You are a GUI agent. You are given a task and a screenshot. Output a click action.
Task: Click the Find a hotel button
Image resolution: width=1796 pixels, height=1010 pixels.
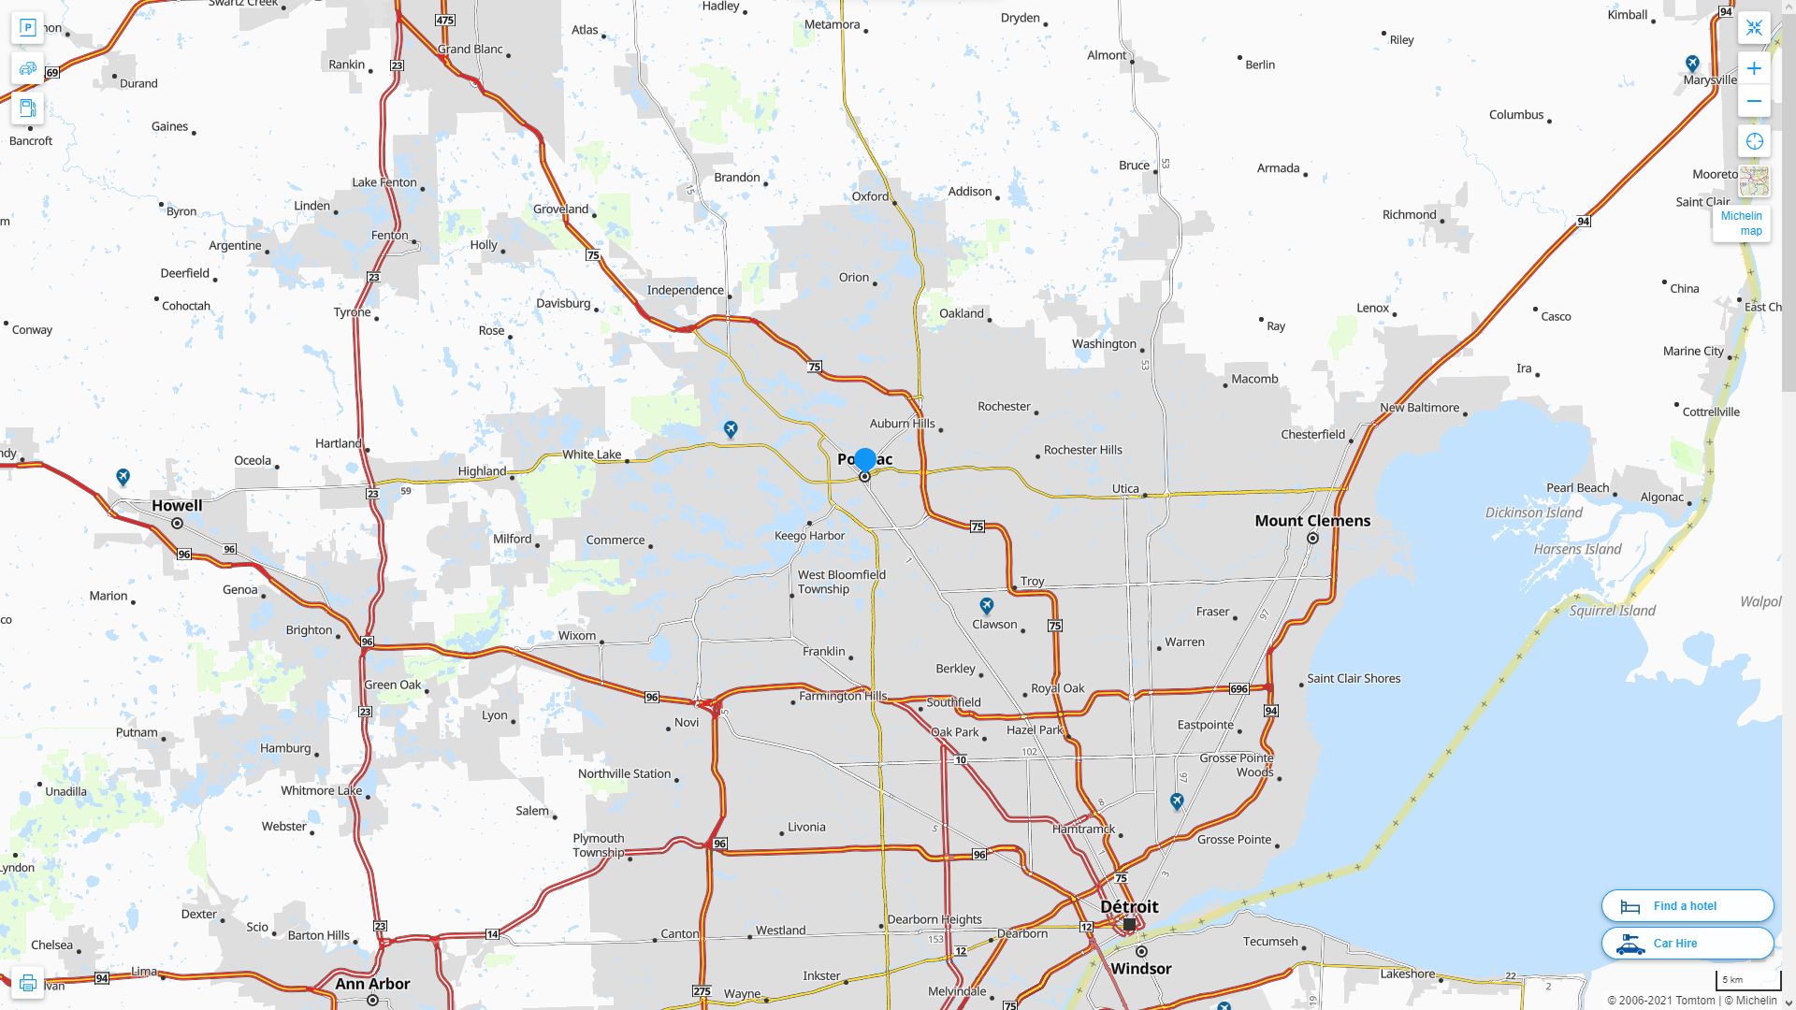1687,906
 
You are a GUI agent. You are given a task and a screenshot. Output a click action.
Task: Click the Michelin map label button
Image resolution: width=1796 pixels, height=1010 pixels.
1741,224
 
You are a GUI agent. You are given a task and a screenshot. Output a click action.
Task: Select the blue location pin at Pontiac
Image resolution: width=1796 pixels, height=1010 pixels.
865,459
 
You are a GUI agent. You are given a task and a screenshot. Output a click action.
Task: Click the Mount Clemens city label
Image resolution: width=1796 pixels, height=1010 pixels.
1312,521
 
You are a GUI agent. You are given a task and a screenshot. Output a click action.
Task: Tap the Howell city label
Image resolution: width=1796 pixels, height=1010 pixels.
177,506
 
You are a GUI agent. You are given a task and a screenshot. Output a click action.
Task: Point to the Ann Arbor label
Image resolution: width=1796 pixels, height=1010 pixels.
372,984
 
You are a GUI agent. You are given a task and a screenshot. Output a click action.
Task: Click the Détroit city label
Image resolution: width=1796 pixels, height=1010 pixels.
1129,907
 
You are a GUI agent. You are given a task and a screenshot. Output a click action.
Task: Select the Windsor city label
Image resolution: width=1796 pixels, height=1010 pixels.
1141,969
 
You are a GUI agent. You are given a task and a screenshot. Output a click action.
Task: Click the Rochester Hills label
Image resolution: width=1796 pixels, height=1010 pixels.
1082,450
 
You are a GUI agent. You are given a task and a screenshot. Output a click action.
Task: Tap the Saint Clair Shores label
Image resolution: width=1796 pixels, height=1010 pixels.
1354,679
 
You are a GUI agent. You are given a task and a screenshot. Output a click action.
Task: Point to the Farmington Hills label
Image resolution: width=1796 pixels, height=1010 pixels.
843,696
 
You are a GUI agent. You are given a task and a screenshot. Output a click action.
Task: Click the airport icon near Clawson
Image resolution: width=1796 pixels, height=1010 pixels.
986,606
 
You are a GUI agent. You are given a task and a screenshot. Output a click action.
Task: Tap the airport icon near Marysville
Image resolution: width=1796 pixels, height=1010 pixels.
1692,64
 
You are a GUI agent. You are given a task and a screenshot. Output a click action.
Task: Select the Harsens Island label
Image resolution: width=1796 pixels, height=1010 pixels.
1577,550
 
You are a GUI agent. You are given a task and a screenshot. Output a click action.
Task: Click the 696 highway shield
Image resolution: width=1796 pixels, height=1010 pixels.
1238,689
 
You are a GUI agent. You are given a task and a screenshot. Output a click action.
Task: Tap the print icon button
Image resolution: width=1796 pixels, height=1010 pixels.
27,983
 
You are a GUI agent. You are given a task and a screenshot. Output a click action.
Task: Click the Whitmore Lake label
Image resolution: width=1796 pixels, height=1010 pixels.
321,791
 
